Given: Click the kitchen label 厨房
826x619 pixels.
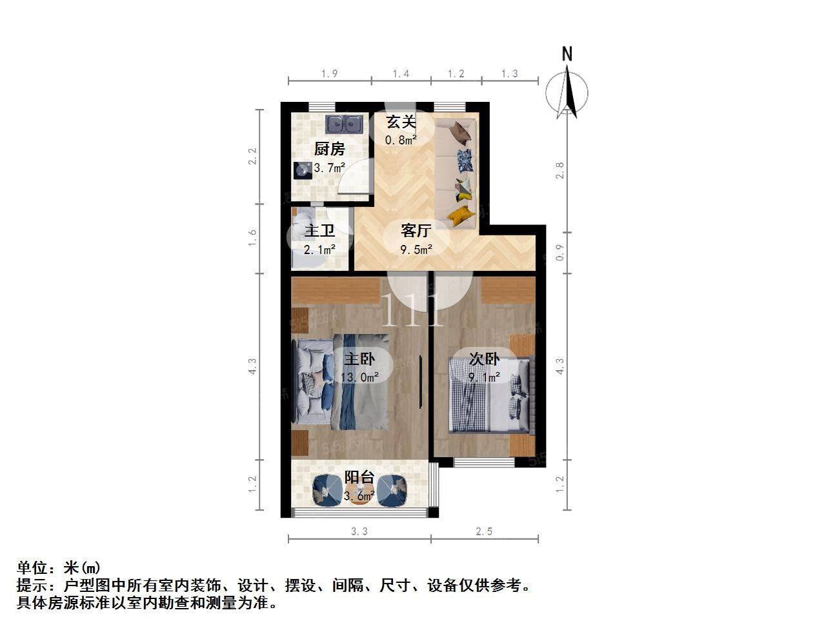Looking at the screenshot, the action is pos(329,149).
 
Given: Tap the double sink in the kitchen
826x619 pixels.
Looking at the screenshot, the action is pos(344,124).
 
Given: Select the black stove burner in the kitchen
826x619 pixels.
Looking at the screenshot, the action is pos(303,171).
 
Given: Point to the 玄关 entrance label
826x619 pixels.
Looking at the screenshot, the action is pos(401,122).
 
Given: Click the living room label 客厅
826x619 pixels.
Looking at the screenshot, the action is pos(416,230).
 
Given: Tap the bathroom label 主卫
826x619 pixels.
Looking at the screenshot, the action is pos(319,230).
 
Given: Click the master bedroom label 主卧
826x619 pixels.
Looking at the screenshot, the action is pos(359,359).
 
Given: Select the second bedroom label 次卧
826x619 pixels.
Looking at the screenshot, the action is pos(485,359).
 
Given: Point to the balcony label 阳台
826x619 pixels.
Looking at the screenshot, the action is pos(359,477).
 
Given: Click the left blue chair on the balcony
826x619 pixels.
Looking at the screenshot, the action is pos(328,490).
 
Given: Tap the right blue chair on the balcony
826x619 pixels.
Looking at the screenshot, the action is pos(392,490).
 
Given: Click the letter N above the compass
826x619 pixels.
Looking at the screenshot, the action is pos(567,54).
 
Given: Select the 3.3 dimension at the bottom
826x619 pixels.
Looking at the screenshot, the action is pos(359,531).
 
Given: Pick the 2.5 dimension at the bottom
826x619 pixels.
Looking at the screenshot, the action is pos(484,531).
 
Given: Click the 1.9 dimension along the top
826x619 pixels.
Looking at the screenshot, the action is pos(329,74).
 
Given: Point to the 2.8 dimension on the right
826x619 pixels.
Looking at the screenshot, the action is pos(560,170).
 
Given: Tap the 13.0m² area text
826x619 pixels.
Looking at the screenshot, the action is pos(359,377).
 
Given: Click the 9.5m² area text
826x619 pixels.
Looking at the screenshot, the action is pos(416,250).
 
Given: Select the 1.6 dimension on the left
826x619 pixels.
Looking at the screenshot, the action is pos(252,237).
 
